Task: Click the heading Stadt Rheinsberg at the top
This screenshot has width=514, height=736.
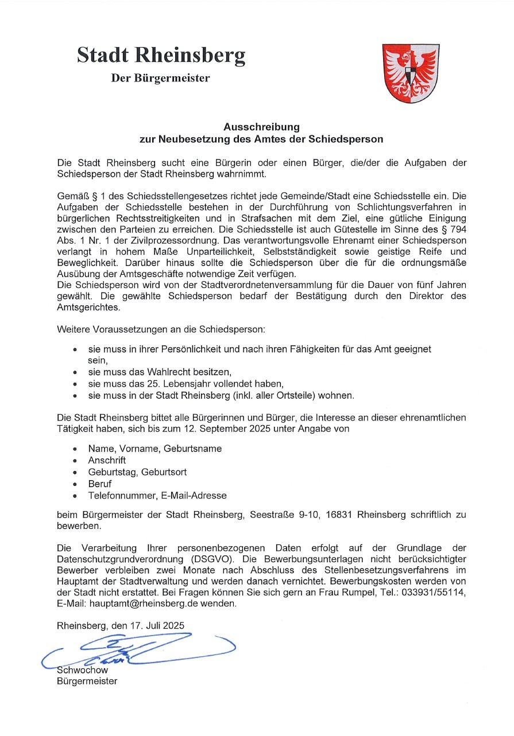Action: tap(161, 55)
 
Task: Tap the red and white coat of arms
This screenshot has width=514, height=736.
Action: tap(411, 73)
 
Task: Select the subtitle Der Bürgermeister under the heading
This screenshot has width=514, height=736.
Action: tap(160, 78)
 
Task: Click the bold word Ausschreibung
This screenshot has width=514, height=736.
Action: tap(261, 126)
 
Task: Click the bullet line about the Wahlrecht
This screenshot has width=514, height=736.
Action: tap(159, 372)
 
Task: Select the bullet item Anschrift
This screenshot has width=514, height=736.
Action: tap(107, 460)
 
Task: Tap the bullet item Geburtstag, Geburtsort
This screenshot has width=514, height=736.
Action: tap(137, 472)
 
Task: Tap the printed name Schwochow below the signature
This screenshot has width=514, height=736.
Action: tap(83, 669)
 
